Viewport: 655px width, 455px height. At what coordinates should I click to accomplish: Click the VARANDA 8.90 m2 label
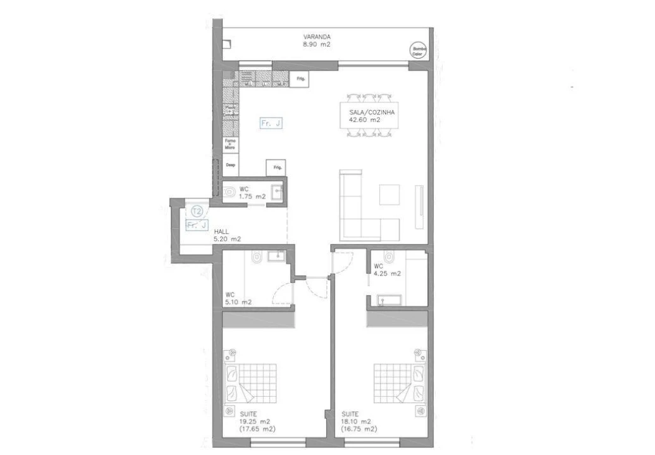[317, 41]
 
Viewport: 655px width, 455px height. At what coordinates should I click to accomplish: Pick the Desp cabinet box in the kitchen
[230, 164]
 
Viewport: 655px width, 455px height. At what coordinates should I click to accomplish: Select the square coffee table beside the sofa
[389, 194]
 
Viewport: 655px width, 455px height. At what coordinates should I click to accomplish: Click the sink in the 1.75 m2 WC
[276, 191]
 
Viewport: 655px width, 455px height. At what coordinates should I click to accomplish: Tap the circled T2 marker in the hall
[197, 211]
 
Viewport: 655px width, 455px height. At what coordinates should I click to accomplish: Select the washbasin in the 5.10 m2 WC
[276, 255]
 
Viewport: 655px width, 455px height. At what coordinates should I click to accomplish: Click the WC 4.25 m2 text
[387, 270]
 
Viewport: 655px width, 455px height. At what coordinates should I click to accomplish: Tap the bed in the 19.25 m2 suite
[250, 380]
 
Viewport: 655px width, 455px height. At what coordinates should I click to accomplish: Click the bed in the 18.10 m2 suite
[398, 380]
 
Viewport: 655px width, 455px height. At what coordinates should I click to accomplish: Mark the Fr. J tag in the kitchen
[271, 124]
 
